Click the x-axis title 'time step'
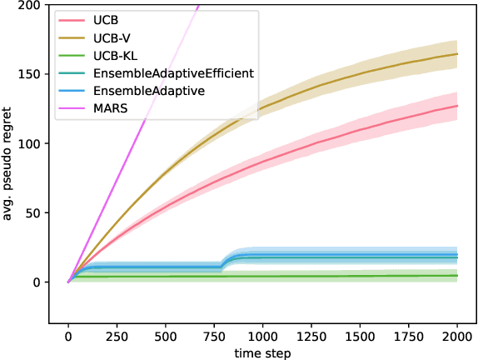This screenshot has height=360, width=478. click(262, 352)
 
